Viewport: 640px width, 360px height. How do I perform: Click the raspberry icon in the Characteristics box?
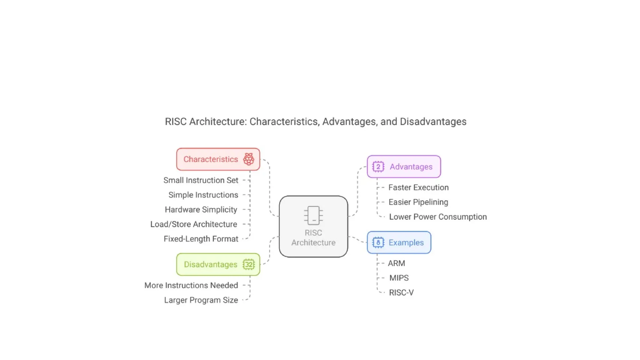[249, 159]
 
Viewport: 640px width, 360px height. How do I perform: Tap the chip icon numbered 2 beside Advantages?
[378, 167]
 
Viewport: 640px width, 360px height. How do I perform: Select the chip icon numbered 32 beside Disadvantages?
[249, 264]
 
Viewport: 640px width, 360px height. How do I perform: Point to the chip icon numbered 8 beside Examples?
[378, 242]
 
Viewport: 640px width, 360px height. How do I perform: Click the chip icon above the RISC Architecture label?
[313, 215]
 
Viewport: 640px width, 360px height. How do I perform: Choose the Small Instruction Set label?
[201, 180]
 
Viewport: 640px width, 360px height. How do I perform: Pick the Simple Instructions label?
[203, 195]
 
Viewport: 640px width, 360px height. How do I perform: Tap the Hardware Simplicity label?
[201, 210]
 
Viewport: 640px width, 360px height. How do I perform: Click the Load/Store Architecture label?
[194, 224]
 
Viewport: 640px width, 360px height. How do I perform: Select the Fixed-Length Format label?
[201, 239]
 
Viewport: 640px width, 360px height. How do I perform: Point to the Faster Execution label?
[418, 187]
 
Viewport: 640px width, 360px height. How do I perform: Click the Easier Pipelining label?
[418, 202]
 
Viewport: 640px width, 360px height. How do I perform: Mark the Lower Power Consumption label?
[438, 217]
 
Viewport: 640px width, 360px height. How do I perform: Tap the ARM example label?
[396, 263]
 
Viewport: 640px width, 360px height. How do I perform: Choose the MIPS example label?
[399, 278]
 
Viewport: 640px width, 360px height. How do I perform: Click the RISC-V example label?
[401, 293]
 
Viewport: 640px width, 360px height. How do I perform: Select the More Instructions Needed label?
[191, 285]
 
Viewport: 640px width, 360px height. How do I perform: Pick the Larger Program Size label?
[201, 300]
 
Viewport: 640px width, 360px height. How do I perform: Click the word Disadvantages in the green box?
[211, 264]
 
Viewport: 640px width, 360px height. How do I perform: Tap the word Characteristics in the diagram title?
[284, 122]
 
